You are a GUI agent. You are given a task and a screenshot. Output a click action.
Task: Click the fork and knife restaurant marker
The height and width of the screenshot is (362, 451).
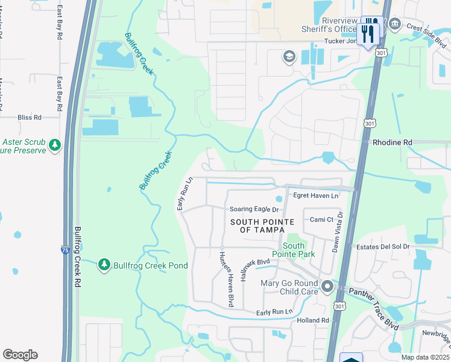(x=368, y=31)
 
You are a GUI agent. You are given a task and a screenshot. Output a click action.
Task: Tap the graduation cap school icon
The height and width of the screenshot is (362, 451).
(x=289, y=57)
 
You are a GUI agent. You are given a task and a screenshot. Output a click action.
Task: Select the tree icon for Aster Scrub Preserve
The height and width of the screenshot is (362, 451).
(x=55, y=145)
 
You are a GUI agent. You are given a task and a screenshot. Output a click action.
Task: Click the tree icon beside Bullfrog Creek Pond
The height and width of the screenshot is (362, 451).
(x=104, y=265)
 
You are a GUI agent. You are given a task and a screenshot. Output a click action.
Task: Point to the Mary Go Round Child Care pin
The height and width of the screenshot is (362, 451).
(x=327, y=286)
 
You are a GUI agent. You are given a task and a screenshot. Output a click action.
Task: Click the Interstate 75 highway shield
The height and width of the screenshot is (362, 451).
(x=65, y=249)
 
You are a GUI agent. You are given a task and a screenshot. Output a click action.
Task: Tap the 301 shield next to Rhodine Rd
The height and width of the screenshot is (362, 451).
(x=369, y=123)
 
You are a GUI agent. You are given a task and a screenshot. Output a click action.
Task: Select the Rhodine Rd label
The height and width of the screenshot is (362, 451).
(x=392, y=142)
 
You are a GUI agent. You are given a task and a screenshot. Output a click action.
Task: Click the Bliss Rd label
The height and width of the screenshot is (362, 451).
(x=30, y=117)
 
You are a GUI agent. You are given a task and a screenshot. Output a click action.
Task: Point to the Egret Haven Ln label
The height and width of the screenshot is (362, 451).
(x=315, y=195)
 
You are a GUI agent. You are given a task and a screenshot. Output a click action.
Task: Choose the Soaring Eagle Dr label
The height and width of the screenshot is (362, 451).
(x=254, y=209)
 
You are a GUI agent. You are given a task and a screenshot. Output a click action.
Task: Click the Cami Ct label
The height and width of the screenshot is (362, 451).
(x=322, y=220)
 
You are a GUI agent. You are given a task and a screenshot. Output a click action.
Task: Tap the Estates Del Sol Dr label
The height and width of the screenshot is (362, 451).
(x=383, y=246)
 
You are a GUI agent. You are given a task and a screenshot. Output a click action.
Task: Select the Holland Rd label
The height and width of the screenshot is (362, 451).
(x=313, y=320)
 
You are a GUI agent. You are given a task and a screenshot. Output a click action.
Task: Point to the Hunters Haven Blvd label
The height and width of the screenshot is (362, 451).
(x=225, y=278)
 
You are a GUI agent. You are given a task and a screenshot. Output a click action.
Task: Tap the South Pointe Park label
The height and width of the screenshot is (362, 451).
(x=293, y=250)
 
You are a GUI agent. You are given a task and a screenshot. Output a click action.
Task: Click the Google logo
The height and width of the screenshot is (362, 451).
(x=20, y=355)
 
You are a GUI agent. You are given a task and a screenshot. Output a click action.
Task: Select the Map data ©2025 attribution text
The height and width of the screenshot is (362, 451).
(x=425, y=357)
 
